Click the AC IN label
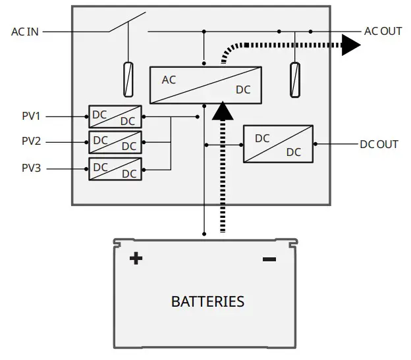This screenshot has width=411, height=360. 25,31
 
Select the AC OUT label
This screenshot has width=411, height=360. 383,31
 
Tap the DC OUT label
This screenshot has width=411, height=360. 379,143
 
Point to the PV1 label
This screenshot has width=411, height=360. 31,116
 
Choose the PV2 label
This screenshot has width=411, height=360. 31,141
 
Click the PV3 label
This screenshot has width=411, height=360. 31,168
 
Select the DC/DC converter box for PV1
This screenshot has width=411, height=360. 115,116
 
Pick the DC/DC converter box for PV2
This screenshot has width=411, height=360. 115,141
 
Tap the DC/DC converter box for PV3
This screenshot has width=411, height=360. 115,168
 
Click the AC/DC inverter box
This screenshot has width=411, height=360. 205,85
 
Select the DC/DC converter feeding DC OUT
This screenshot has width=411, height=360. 278,143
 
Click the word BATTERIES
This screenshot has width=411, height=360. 207,302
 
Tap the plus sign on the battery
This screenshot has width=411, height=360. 136,259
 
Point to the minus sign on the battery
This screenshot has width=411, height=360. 269,259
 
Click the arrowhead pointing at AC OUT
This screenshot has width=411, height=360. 351,45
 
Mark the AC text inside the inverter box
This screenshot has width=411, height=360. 169,80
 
